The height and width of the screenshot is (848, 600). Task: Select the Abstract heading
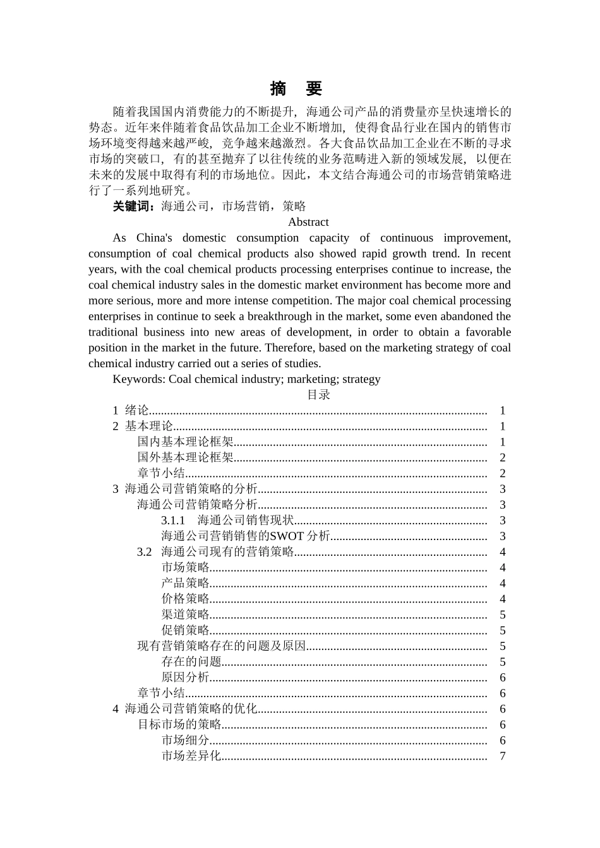coord(308,222)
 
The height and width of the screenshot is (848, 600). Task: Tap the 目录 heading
coord(318,395)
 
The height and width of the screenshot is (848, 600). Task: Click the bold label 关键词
coord(133,206)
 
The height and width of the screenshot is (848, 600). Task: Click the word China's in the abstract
coord(154,238)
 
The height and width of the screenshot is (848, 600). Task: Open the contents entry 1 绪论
coord(131,411)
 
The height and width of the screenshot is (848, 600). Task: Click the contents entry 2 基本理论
coord(143,427)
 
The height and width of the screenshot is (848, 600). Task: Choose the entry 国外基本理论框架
coord(185,458)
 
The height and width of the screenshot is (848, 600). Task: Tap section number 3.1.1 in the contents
coord(173,521)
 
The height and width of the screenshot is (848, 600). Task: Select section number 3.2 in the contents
coord(145,552)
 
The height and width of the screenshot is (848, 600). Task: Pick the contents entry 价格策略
coord(185,599)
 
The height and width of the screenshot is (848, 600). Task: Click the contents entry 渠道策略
coord(185,615)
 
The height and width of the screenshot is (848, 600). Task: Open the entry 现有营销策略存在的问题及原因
coord(222,646)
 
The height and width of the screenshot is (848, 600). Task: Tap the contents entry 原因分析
coord(185,678)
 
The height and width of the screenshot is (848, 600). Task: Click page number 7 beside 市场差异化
coord(503,756)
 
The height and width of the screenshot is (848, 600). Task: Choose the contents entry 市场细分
coord(185,740)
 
